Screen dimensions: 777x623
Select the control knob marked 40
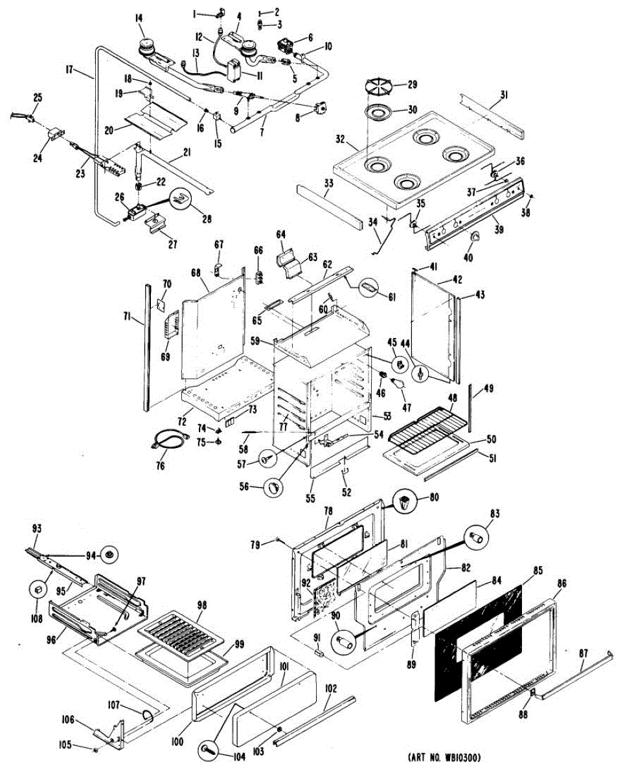[x=477, y=237]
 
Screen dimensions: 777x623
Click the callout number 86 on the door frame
[x=561, y=583]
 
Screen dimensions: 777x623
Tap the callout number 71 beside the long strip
[x=128, y=316]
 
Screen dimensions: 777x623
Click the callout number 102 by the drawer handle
[x=331, y=690]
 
